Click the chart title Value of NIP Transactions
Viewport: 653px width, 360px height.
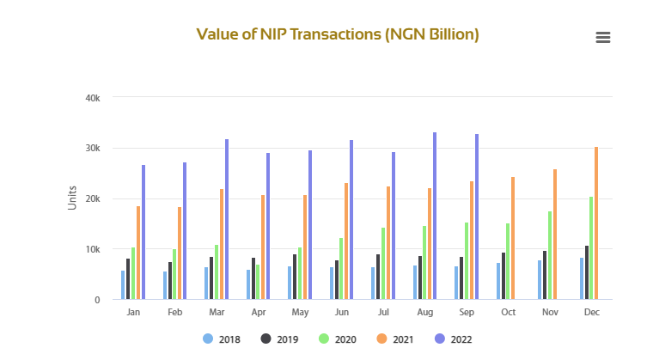tap(338, 34)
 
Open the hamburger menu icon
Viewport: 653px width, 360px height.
tap(602, 37)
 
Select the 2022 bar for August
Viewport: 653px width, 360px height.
tap(435, 216)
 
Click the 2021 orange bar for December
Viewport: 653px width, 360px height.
tap(596, 223)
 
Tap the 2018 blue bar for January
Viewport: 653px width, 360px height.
tap(123, 285)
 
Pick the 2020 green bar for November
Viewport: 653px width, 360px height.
tap(549, 255)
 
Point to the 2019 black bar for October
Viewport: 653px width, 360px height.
tap(503, 276)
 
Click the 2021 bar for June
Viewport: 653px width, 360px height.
tap(346, 241)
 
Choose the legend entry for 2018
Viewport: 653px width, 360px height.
tap(222, 339)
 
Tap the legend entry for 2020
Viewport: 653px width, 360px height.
tap(337, 339)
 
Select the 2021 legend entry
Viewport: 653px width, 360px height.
tap(394, 339)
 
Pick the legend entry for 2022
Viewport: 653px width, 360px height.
tap(453, 339)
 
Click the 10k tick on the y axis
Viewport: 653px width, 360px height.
tap(94, 249)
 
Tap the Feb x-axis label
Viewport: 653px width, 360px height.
tap(175, 313)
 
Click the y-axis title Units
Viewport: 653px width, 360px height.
tap(72, 198)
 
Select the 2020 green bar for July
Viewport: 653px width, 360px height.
tap(382, 264)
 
